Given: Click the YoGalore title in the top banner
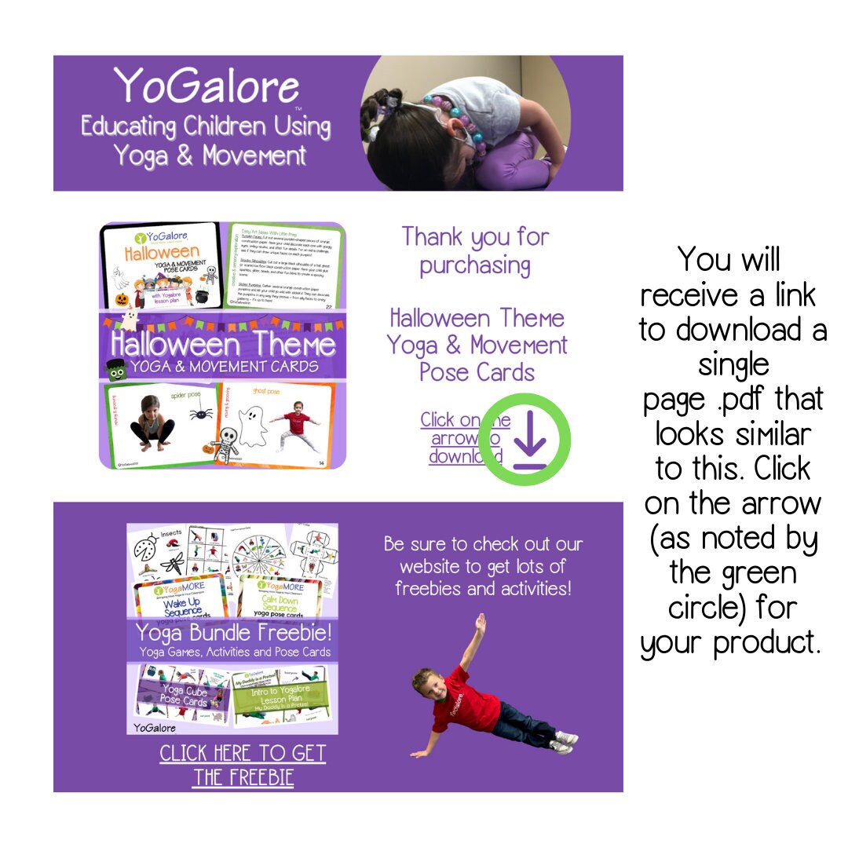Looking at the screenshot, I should point(206,86).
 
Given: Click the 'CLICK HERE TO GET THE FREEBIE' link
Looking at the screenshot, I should point(243,766).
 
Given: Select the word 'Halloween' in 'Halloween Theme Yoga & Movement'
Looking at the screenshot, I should point(477,318).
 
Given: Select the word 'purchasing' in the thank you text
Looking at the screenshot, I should point(474,265).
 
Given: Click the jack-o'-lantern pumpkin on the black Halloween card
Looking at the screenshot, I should point(122,299).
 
